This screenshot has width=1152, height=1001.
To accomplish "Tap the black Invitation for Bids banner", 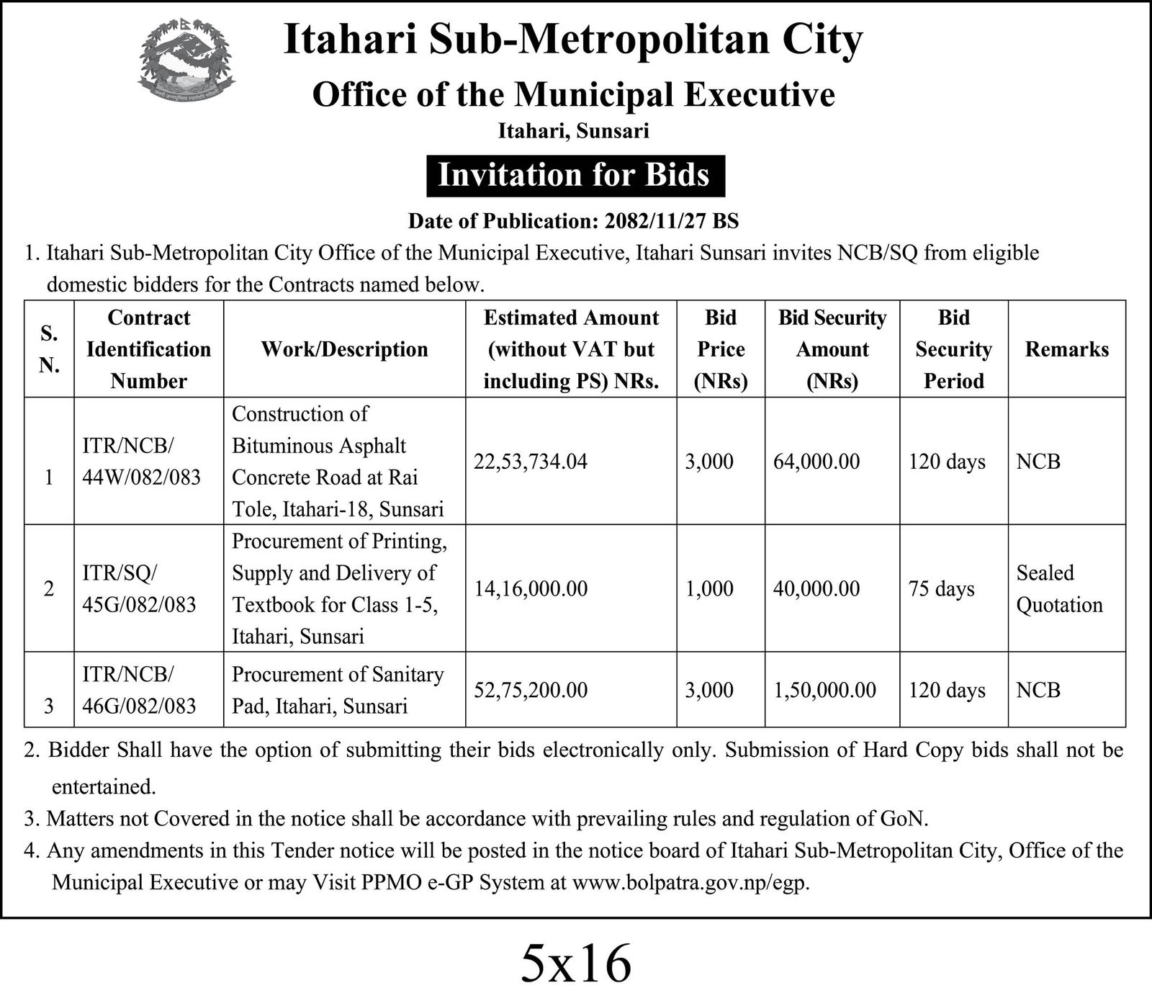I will (575, 176).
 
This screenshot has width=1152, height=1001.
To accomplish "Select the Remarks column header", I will (1066, 349).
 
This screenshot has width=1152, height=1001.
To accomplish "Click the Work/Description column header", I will (344, 349).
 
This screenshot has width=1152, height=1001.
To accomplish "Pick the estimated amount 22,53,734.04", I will (530, 462).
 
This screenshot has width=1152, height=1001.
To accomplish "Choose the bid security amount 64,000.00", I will (816, 462).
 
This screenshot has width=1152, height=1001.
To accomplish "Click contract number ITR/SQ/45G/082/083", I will (139, 588).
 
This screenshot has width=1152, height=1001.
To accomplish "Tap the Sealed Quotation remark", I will (1058, 588).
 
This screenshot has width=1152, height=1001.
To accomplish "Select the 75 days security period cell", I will (941, 589).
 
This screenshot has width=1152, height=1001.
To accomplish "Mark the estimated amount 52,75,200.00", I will (530, 690).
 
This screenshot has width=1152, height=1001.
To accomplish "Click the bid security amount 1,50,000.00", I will (824, 690).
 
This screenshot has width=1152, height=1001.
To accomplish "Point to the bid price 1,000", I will (709, 589).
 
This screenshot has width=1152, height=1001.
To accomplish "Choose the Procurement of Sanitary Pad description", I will (337, 690).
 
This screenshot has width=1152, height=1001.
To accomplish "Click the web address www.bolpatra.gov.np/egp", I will (690, 882).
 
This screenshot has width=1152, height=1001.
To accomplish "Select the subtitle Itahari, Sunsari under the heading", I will (574, 130).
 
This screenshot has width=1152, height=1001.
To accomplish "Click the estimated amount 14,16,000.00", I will (530, 589).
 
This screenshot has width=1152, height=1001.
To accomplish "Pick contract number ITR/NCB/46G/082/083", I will (139, 690).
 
